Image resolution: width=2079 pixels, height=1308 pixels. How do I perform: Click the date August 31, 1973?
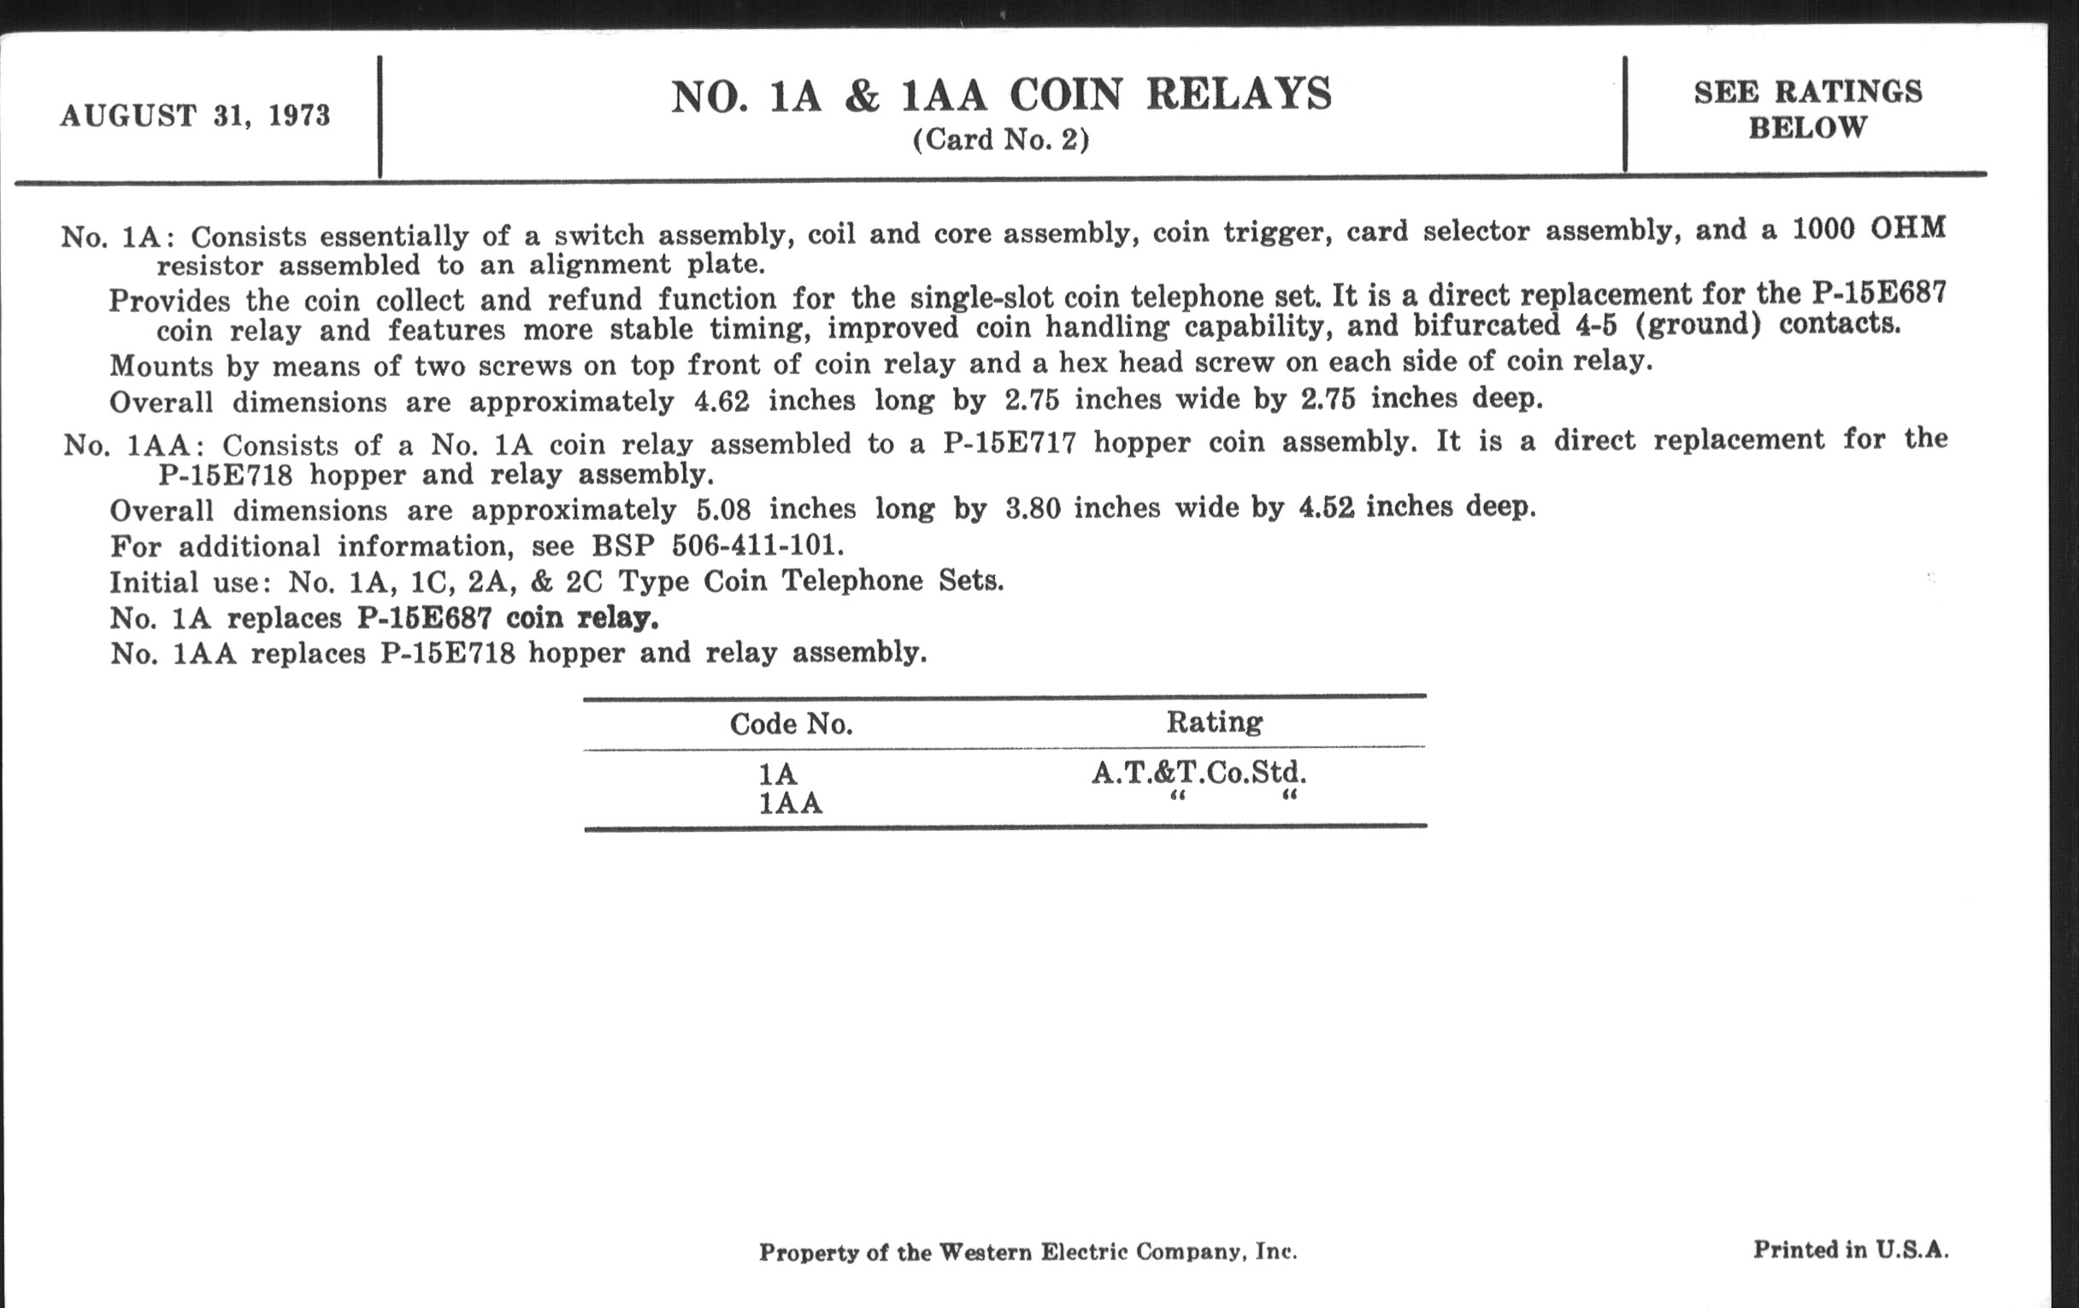coord(195,115)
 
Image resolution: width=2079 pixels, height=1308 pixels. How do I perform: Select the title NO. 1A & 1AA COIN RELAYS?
coord(1002,95)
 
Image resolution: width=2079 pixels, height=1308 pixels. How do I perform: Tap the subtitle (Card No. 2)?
coord(1001,140)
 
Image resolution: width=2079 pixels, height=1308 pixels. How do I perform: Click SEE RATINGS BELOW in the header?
coord(1808,109)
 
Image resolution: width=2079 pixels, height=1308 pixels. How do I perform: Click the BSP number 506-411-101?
coord(757,545)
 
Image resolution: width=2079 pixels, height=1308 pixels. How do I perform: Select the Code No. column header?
coord(791,723)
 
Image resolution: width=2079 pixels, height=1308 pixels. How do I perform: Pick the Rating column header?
coord(1214,722)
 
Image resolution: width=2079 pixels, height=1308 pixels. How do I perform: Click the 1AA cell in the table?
coord(790,804)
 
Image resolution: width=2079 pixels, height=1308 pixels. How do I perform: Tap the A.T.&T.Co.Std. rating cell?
coord(1199,772)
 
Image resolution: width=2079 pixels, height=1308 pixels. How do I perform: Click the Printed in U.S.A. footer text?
coord(1850,1249)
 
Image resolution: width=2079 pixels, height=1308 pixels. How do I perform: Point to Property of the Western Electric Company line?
coord(1028,1252)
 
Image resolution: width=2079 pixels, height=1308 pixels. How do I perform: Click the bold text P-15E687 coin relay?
coord(508,618)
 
